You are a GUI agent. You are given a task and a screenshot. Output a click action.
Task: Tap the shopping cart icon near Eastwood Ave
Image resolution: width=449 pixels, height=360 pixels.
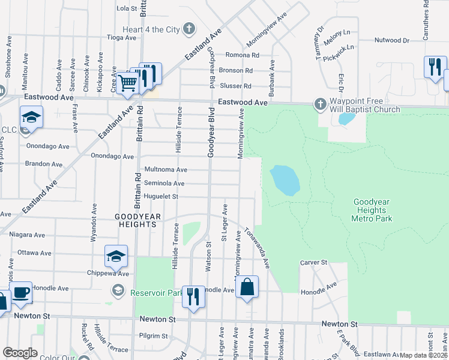[x=127, y=83]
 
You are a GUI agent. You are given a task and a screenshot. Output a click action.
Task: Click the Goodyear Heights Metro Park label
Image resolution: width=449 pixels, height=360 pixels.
[x=372, y=211]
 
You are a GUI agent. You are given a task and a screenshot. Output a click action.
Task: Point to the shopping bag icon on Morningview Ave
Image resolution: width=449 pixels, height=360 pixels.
[x=247, y=287]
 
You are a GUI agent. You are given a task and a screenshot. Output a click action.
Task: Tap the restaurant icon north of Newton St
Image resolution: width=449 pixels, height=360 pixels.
[x=193, y=296]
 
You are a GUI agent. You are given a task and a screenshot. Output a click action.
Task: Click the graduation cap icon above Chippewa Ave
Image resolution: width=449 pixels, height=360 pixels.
[x=116, y=256]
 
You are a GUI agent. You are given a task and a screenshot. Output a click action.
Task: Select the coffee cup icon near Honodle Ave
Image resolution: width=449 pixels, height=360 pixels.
[x=21, y=293]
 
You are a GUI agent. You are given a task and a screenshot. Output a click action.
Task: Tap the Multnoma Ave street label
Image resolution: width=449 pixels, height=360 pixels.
[x=165, y=170]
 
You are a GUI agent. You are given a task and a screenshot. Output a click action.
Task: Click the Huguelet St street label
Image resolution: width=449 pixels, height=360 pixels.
[x=161, y=196]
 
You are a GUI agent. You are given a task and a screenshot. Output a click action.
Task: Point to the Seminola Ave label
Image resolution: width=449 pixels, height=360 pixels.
[x=163, y=183]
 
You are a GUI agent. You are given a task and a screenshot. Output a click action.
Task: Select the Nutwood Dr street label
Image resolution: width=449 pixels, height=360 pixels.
[x=391, y=41]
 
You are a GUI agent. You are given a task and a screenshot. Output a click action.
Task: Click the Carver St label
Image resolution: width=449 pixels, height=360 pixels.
[x=313, y=263]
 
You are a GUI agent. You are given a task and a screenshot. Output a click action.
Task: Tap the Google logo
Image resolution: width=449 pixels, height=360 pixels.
[x=20, y=353]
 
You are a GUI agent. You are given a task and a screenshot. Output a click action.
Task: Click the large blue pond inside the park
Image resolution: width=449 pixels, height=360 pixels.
[x=285, y=180]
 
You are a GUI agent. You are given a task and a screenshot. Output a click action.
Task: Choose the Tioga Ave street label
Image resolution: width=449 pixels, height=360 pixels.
[x=122, y=37]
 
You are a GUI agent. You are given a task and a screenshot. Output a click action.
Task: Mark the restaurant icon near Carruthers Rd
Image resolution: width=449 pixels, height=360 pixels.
[x=434, y=67]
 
